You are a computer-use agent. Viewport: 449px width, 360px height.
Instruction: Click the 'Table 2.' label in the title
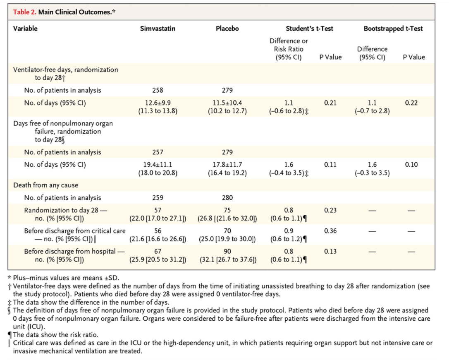pos(25,12)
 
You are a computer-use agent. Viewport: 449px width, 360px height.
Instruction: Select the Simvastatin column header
pos(158,29)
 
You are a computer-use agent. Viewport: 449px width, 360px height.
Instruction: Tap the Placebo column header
pos(227,29)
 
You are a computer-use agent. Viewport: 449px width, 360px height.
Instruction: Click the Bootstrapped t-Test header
pos(393,29)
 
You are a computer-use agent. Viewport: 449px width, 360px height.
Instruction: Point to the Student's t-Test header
pos(309,29)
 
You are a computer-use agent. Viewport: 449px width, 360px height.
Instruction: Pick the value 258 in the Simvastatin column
pos(158,90)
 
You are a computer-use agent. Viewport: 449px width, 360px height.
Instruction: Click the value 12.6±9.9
pos(158,103)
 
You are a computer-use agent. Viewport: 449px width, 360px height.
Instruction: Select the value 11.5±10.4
pos(227,103)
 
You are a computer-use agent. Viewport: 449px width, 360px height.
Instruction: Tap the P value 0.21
pos(330,103)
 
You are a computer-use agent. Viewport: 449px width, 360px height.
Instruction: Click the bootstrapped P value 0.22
pos(411,103)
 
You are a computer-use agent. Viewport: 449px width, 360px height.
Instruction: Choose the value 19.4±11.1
pos(158,164)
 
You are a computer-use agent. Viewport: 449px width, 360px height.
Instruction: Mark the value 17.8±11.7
pos(227,164)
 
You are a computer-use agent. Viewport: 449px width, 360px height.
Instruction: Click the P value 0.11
pos(330,164)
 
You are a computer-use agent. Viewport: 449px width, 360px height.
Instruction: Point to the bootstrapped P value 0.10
pos(411,164)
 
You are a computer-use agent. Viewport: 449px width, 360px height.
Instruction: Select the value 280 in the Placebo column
pos(227,197)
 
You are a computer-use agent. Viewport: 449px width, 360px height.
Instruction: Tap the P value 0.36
pos(330,230)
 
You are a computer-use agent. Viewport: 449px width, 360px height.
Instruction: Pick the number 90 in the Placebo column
pos(227,251)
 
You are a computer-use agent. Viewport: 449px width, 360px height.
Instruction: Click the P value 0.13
pos(330,251)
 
